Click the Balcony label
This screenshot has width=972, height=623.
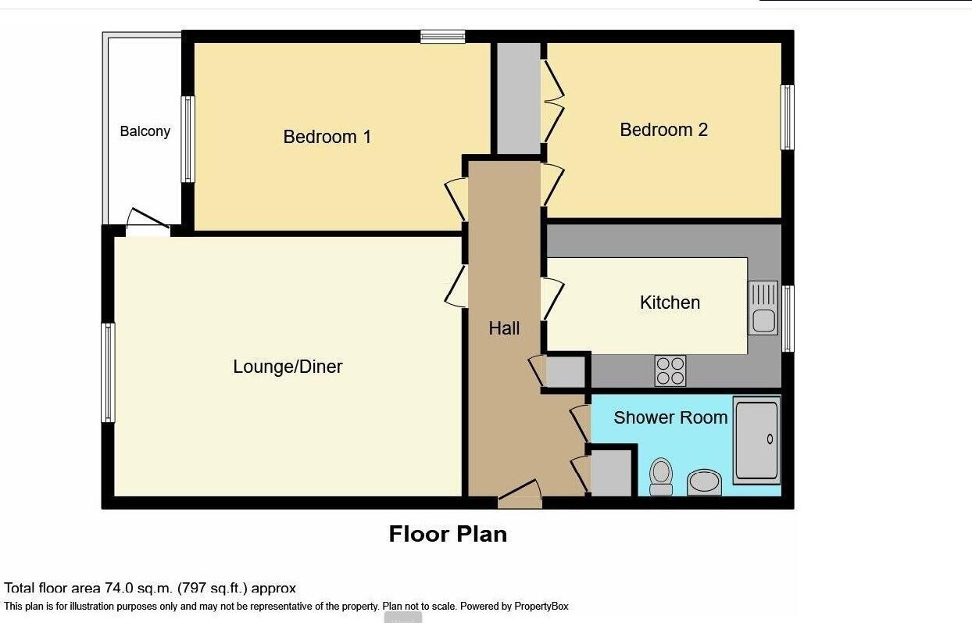point(145,131)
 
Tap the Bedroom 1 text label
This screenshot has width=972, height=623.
point(327,137)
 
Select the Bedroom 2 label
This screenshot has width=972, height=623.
point(663,130)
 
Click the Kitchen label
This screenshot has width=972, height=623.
point(670,303)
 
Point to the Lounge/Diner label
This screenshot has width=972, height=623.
point(288,367)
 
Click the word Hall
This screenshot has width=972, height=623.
point(504,328)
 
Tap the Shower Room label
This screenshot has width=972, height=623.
point(670,417)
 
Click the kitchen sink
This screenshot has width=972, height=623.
point(763,308)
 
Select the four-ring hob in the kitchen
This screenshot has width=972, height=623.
point(670,371)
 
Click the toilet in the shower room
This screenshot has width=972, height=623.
point(661,475)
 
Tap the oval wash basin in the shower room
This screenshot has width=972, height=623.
point(704,482)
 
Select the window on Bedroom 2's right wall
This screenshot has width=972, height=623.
point(788,117)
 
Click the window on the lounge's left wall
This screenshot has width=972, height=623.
point(109,373)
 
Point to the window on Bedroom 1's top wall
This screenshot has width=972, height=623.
point(442,36)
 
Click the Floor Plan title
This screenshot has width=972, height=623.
point(448,534)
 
